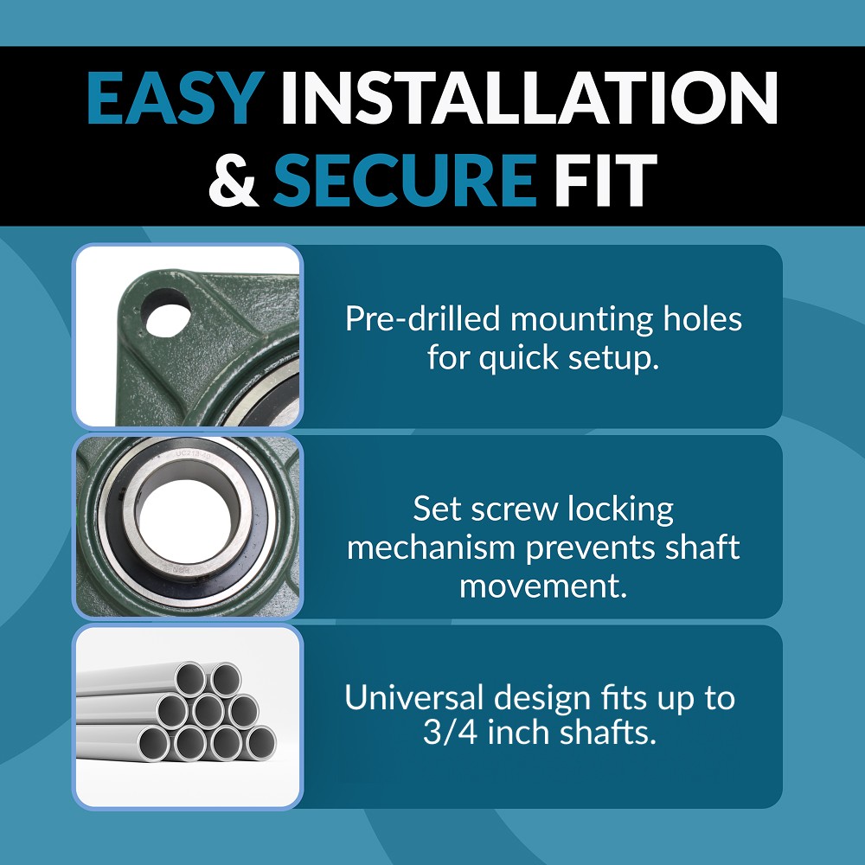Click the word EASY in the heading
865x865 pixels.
pyautogui.click(x=176, y=99)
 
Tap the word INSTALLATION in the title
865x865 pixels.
pyautogui.click(x=529, y=99)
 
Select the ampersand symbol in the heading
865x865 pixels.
pyautogui.click(x=234, y=180)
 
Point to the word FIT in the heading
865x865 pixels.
pyautogui.click(x=605, y=180)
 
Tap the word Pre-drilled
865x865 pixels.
pyautogui.click(x=423, y=319)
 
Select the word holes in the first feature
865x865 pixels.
pyautogui.click(x=702, y=319)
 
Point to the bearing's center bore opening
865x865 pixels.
pyautogui.click(x=184, y=522)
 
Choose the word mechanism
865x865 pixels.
pyautogui.click(x=432, y=548)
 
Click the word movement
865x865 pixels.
pyautogui.click(x=544, y=586)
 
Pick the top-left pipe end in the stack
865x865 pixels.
pyautogui.click(x=190, y=679)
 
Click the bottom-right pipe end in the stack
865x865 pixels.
pyautogui.click(x=260, y=742)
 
